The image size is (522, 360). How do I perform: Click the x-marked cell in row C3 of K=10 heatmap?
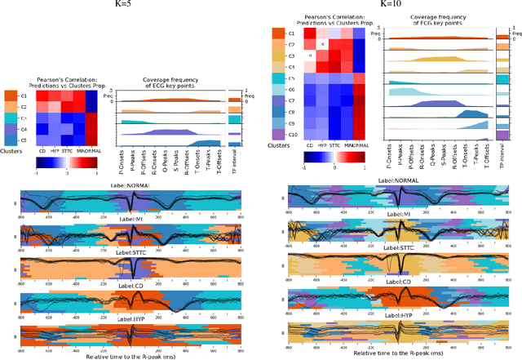coord(310,56)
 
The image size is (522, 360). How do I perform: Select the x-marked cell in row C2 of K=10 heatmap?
coord(322,44)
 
